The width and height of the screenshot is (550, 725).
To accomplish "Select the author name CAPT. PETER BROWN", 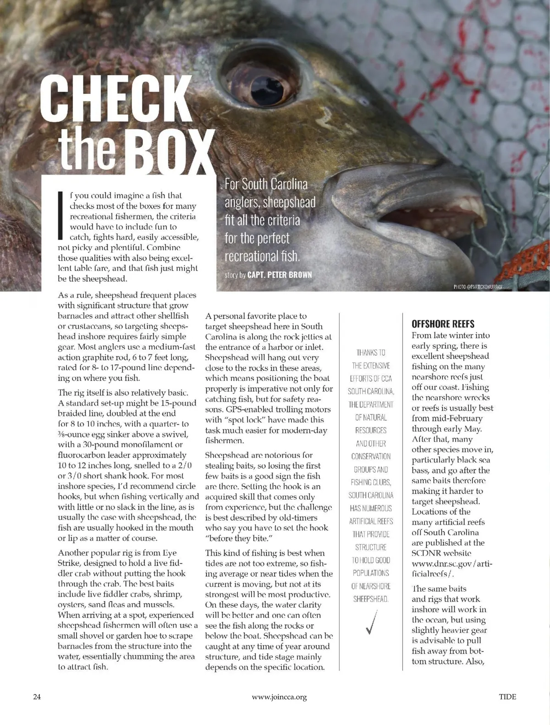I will (x=280, y=275).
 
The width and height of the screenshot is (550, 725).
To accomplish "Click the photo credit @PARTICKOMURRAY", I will (x=478, y=287).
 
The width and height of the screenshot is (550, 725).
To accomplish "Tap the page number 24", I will (x=37, y=697).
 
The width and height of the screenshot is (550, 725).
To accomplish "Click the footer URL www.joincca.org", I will (x=279, y=697).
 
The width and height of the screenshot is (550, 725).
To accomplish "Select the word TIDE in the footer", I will (x=507, y=697).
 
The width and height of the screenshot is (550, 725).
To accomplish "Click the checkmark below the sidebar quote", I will (x=371, y=622).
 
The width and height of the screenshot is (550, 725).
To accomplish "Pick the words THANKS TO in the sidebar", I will (x=371, y=352).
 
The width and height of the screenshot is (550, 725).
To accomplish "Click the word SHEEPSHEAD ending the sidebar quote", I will (x=371, y=599).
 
